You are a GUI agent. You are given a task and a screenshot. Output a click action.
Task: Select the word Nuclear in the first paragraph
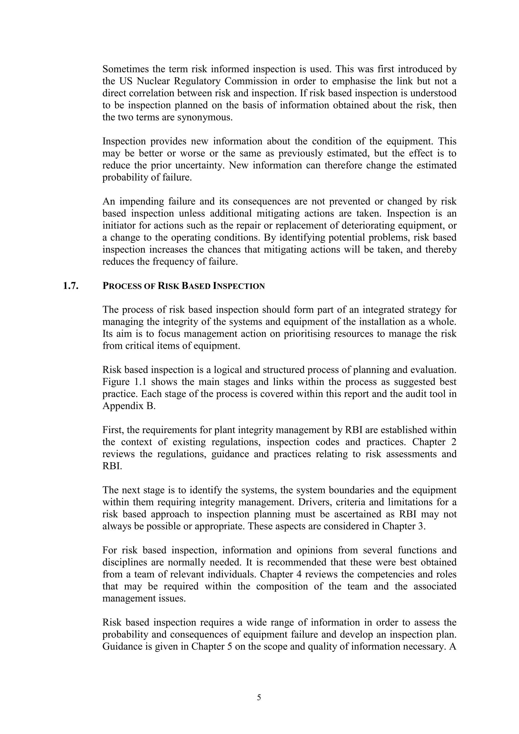pyautogui.click(x=152, y=81)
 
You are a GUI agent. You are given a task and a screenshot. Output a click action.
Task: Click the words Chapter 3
pyautogui.click(x=404, y=526)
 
